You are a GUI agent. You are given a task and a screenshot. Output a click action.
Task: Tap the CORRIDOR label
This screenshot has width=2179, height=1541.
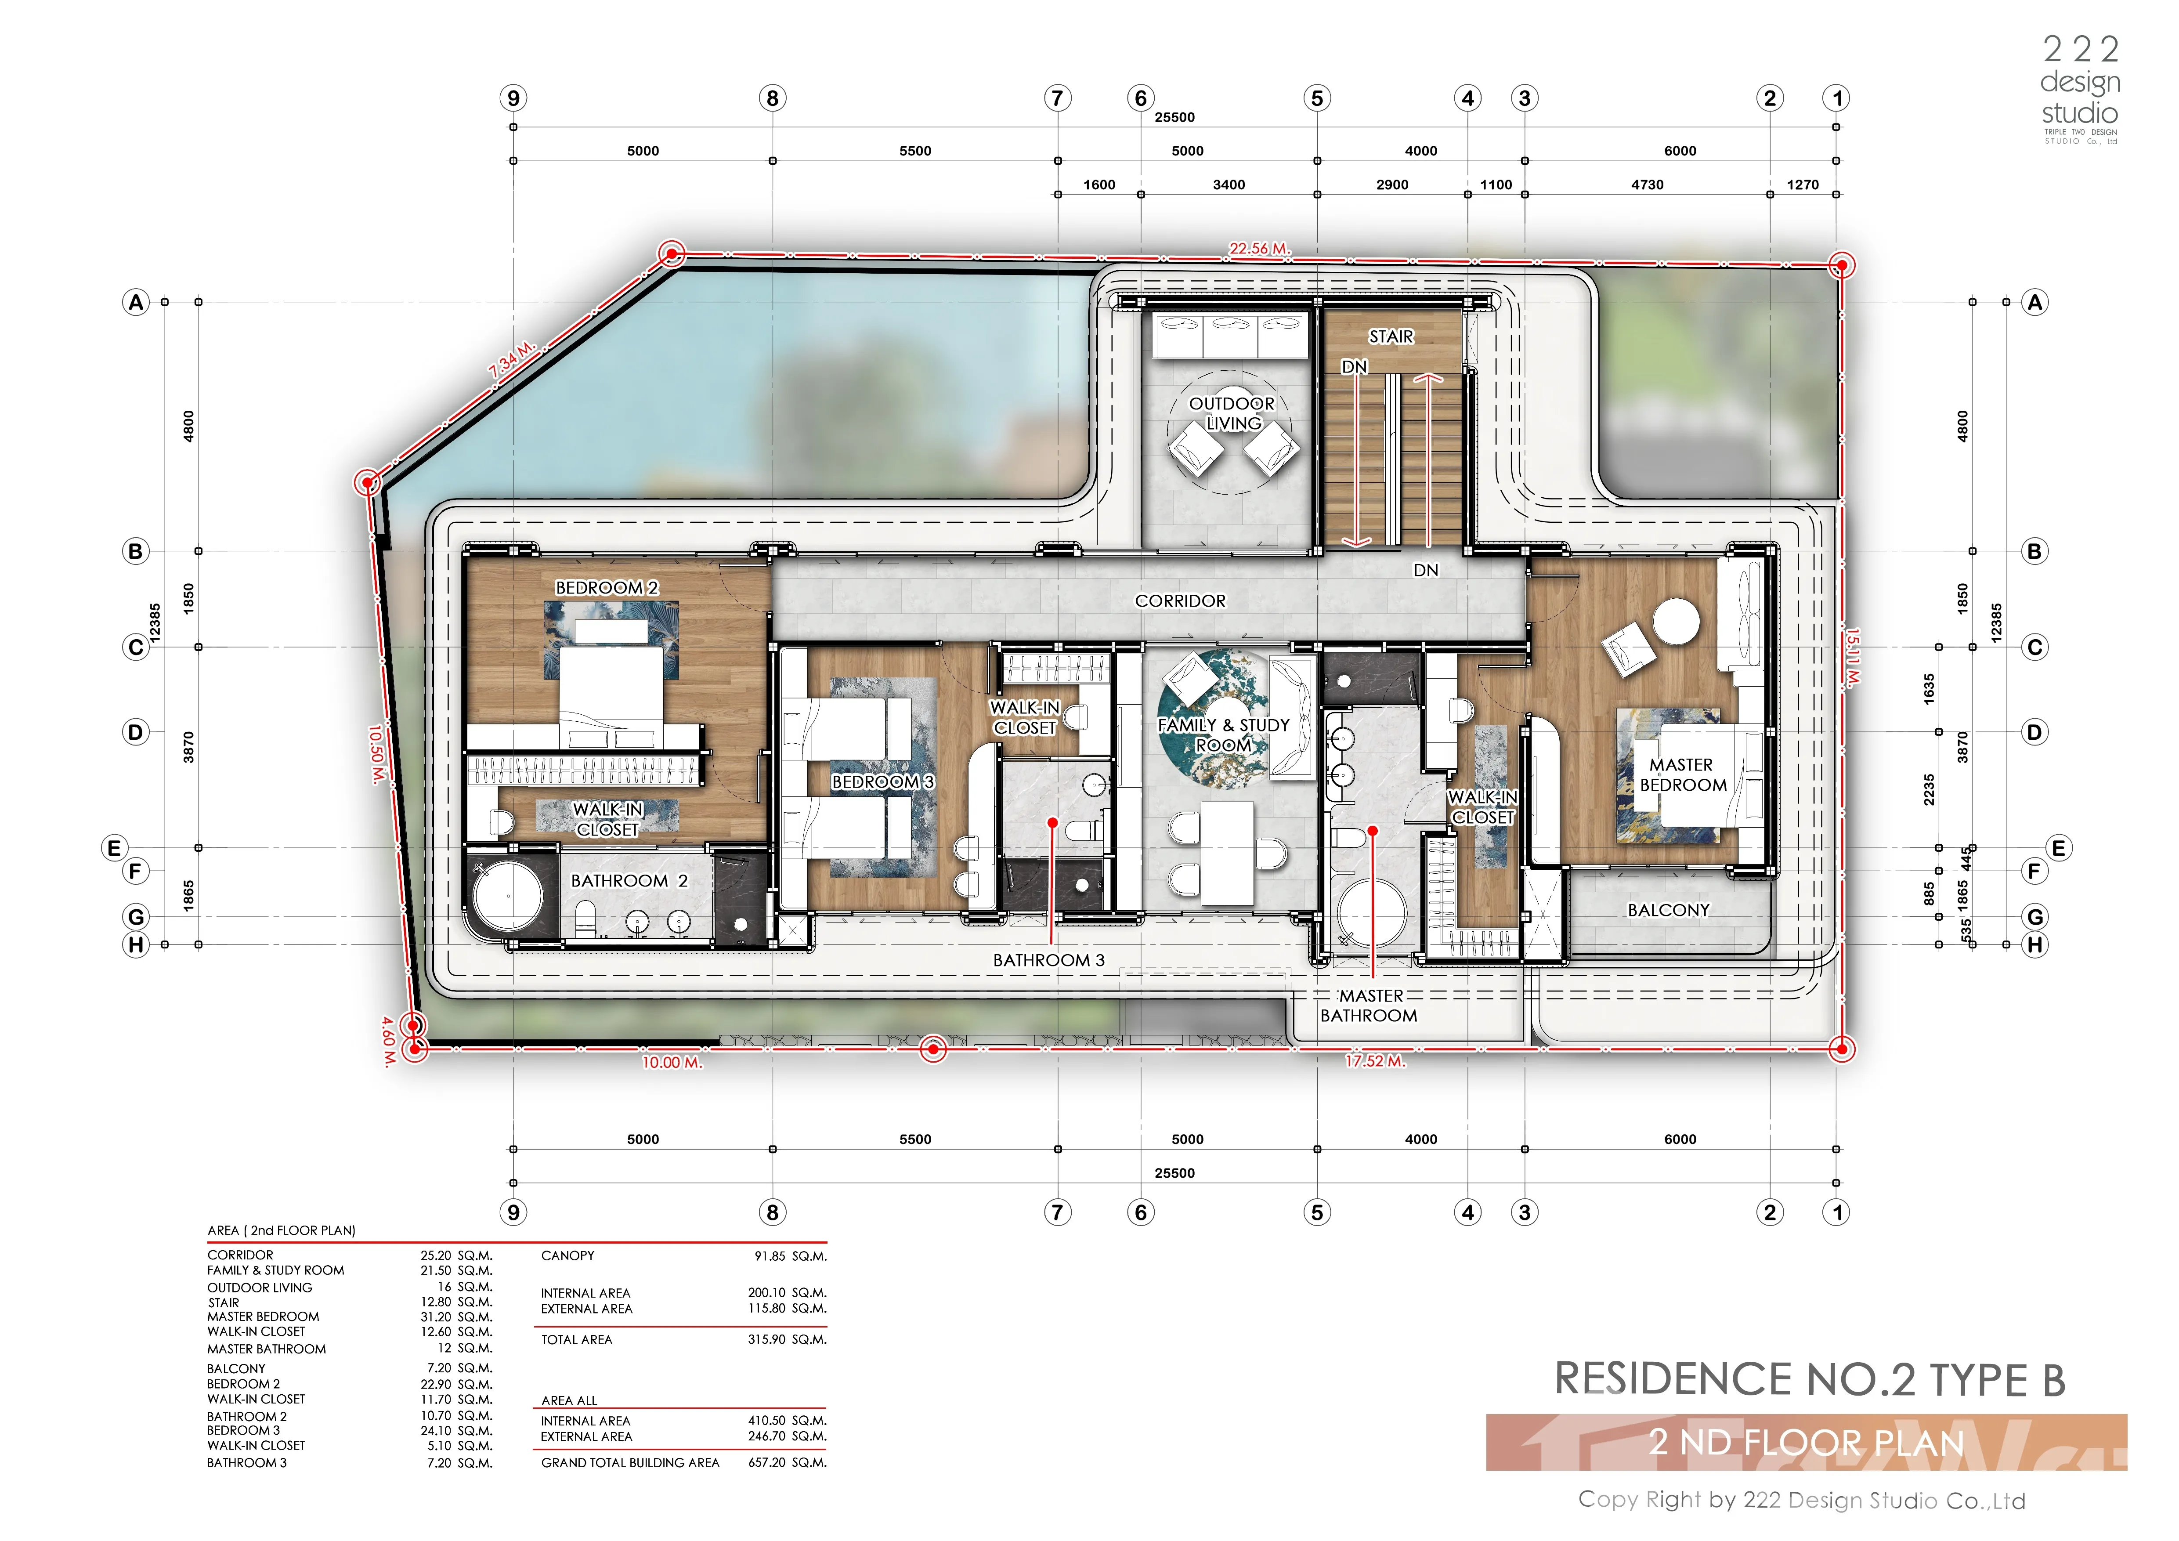pos(1180,600)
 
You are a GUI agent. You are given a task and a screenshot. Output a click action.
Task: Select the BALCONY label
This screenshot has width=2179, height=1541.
pos(1669,910)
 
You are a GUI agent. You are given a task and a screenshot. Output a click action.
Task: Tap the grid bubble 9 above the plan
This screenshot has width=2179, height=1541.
pos(513,98)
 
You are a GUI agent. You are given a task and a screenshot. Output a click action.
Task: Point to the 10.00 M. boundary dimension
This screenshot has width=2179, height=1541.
pos(672,1063)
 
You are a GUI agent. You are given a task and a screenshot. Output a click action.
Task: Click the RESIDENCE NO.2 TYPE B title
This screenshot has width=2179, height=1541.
pos(1810,1380)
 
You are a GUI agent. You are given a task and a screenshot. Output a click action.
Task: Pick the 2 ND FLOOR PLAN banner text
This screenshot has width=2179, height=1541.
pos(1807,1442)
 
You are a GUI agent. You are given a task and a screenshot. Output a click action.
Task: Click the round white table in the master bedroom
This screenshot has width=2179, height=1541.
pos(1676,623)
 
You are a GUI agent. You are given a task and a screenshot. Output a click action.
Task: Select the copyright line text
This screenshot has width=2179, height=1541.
pos(1801,1500)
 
